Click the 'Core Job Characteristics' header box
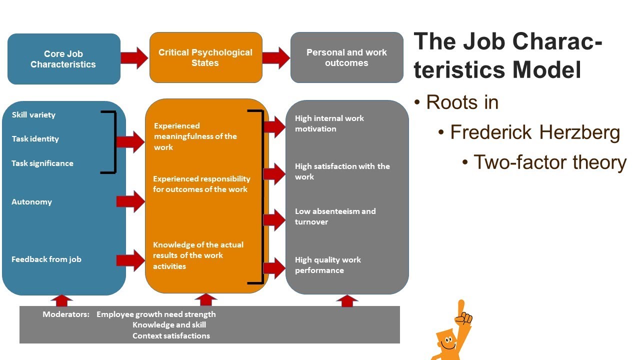pyautogui.click(x=63, y=59)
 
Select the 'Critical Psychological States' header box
pyautogui.click(x=205, y=57)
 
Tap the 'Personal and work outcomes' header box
pyautogui.click(x=346, y=57)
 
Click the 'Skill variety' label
pyautogui.click(x=33, y=115)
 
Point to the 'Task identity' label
pyautogui.click(x=35, y=139)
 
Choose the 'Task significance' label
pyautogui.click(x=42, y=163)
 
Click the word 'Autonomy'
pyautogui.click(x=31, y=202)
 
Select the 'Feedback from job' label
pyautogui.click(x=46, y=259)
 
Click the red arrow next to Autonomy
pyautogui.click(x=130, y=201)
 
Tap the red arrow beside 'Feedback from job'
pyautogui.click(x=130, y=260)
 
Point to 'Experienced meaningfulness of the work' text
pyautogui.click(x=195, y=136)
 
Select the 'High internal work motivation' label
pyautogui.click(x=329, y=123)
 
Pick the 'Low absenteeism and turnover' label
pyautogui.click(x=335, y=216)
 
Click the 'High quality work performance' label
pyautogui.click(x=327, y=265)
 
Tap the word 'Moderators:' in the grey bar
pyautogui.click(x=66, y=314)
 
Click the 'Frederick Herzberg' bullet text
pyautogui.click(x=535, y=132)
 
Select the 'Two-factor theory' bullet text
pyautogui.click(x=550, y=162)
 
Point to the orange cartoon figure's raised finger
pyautogui.click(x=461, y=306)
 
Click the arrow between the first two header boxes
pyautogui.click(x=134, y=57)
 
